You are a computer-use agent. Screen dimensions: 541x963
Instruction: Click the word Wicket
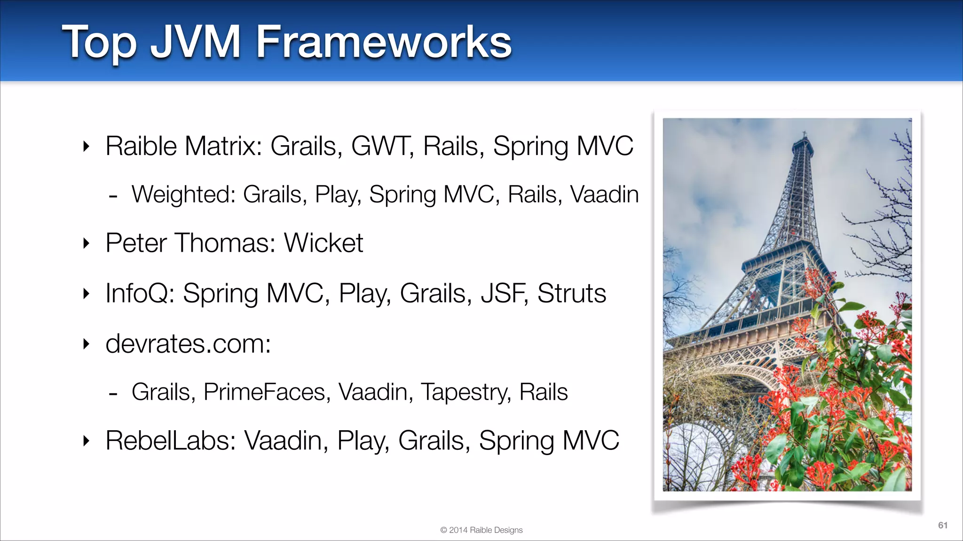tap(324, 243)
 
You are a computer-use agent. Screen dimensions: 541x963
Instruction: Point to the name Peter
tap(136, 243)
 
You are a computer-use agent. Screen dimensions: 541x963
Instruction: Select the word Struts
tap(571, 294)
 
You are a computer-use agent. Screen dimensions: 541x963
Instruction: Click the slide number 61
tap(942, 525)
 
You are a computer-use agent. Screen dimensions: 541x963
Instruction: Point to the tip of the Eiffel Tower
tap(805, 133)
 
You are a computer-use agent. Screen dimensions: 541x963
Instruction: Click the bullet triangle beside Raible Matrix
tap(86, 147)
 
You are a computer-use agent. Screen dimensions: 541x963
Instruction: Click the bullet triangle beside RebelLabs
tap(86, 441)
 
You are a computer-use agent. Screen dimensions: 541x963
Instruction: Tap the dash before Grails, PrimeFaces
tap(113, 394)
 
